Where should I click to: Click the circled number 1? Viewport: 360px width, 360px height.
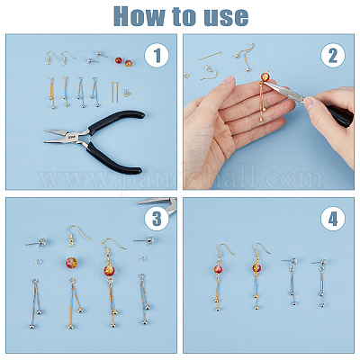[x=157, y=55]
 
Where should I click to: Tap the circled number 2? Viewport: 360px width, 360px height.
[x=333, y=55]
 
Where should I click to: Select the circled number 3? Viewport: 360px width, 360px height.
[x=157, y=219]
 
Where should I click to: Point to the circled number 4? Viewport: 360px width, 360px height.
[x=333, y=219]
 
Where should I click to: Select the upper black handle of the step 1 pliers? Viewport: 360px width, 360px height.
[x=116, y=121]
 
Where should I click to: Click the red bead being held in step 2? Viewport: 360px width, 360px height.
[x=265, y=76]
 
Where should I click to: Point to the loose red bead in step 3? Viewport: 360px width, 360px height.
[x=71, y=263]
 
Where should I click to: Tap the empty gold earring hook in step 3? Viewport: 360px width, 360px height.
[x=76, y=235]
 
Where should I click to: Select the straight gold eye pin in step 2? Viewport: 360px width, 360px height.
[x=210, y=56]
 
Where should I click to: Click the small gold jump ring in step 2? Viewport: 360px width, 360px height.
[x=187, y=76]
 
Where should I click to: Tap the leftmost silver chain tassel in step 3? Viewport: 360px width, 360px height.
[x=36, y=303]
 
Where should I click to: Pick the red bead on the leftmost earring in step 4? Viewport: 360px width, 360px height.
[x=218, y=269]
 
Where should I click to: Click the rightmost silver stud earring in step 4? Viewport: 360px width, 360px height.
[x=320, y=282]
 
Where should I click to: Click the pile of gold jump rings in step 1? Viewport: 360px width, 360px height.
[x=128, y=93]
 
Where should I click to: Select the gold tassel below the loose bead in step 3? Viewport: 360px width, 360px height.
[x=74, y=303]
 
